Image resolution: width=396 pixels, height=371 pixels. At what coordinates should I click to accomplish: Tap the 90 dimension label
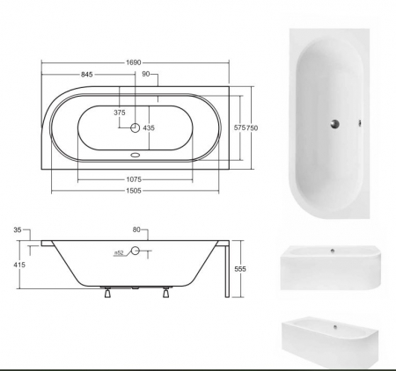pos(146,75)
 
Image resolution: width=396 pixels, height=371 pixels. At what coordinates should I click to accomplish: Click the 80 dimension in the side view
pos(136,230)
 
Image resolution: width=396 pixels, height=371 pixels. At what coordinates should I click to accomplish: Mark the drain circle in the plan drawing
pos(135,128)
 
